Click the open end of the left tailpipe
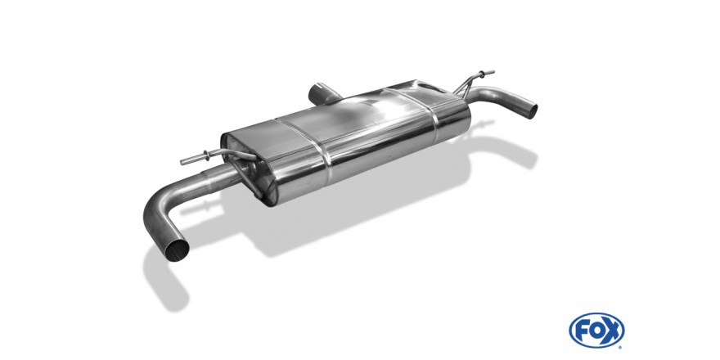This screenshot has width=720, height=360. pyautogui.click(x=178, y=250)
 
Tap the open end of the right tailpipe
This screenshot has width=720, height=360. pyautogui.click(x=532, y=110)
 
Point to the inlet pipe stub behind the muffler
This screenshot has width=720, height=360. pyautogui.click(x=322, y=93)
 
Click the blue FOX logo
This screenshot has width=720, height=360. pyautogui.click(x=596, y=331)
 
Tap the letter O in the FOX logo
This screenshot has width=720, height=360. pyautogui.click(x=596, y=331)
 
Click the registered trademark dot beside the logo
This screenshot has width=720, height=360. pyautogui.click(x=621, y=347)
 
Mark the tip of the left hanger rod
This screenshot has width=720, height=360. pyautogui.click(x=182, y=162)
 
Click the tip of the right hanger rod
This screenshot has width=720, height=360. pyautogui.click(x=493, y=72)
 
